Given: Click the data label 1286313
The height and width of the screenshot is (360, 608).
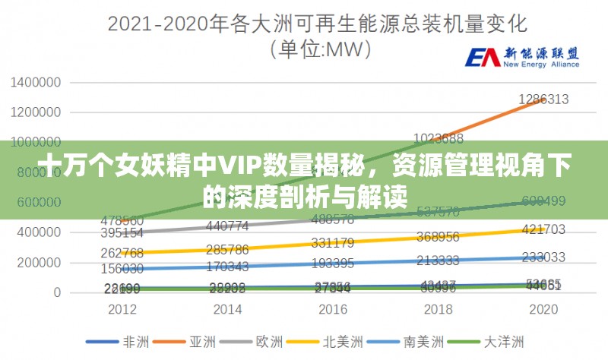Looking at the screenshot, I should [x=543, y=99].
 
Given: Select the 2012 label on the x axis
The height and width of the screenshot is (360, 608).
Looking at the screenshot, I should [x=122, y=310].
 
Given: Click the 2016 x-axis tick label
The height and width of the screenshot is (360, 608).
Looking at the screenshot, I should [x=333, y=310].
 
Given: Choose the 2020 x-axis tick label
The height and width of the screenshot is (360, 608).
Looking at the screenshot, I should [x=543, y=310].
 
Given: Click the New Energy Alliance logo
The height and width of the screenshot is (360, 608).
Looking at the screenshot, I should [x=521, y=58].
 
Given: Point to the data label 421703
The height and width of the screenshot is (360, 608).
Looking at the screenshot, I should [x=543, y=229].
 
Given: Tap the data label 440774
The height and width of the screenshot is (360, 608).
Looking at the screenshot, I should [x=227, y=226].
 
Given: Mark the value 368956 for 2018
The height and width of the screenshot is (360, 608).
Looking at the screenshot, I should [x=438, y=237].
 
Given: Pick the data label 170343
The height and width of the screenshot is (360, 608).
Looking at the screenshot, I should [x=227, y=267].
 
